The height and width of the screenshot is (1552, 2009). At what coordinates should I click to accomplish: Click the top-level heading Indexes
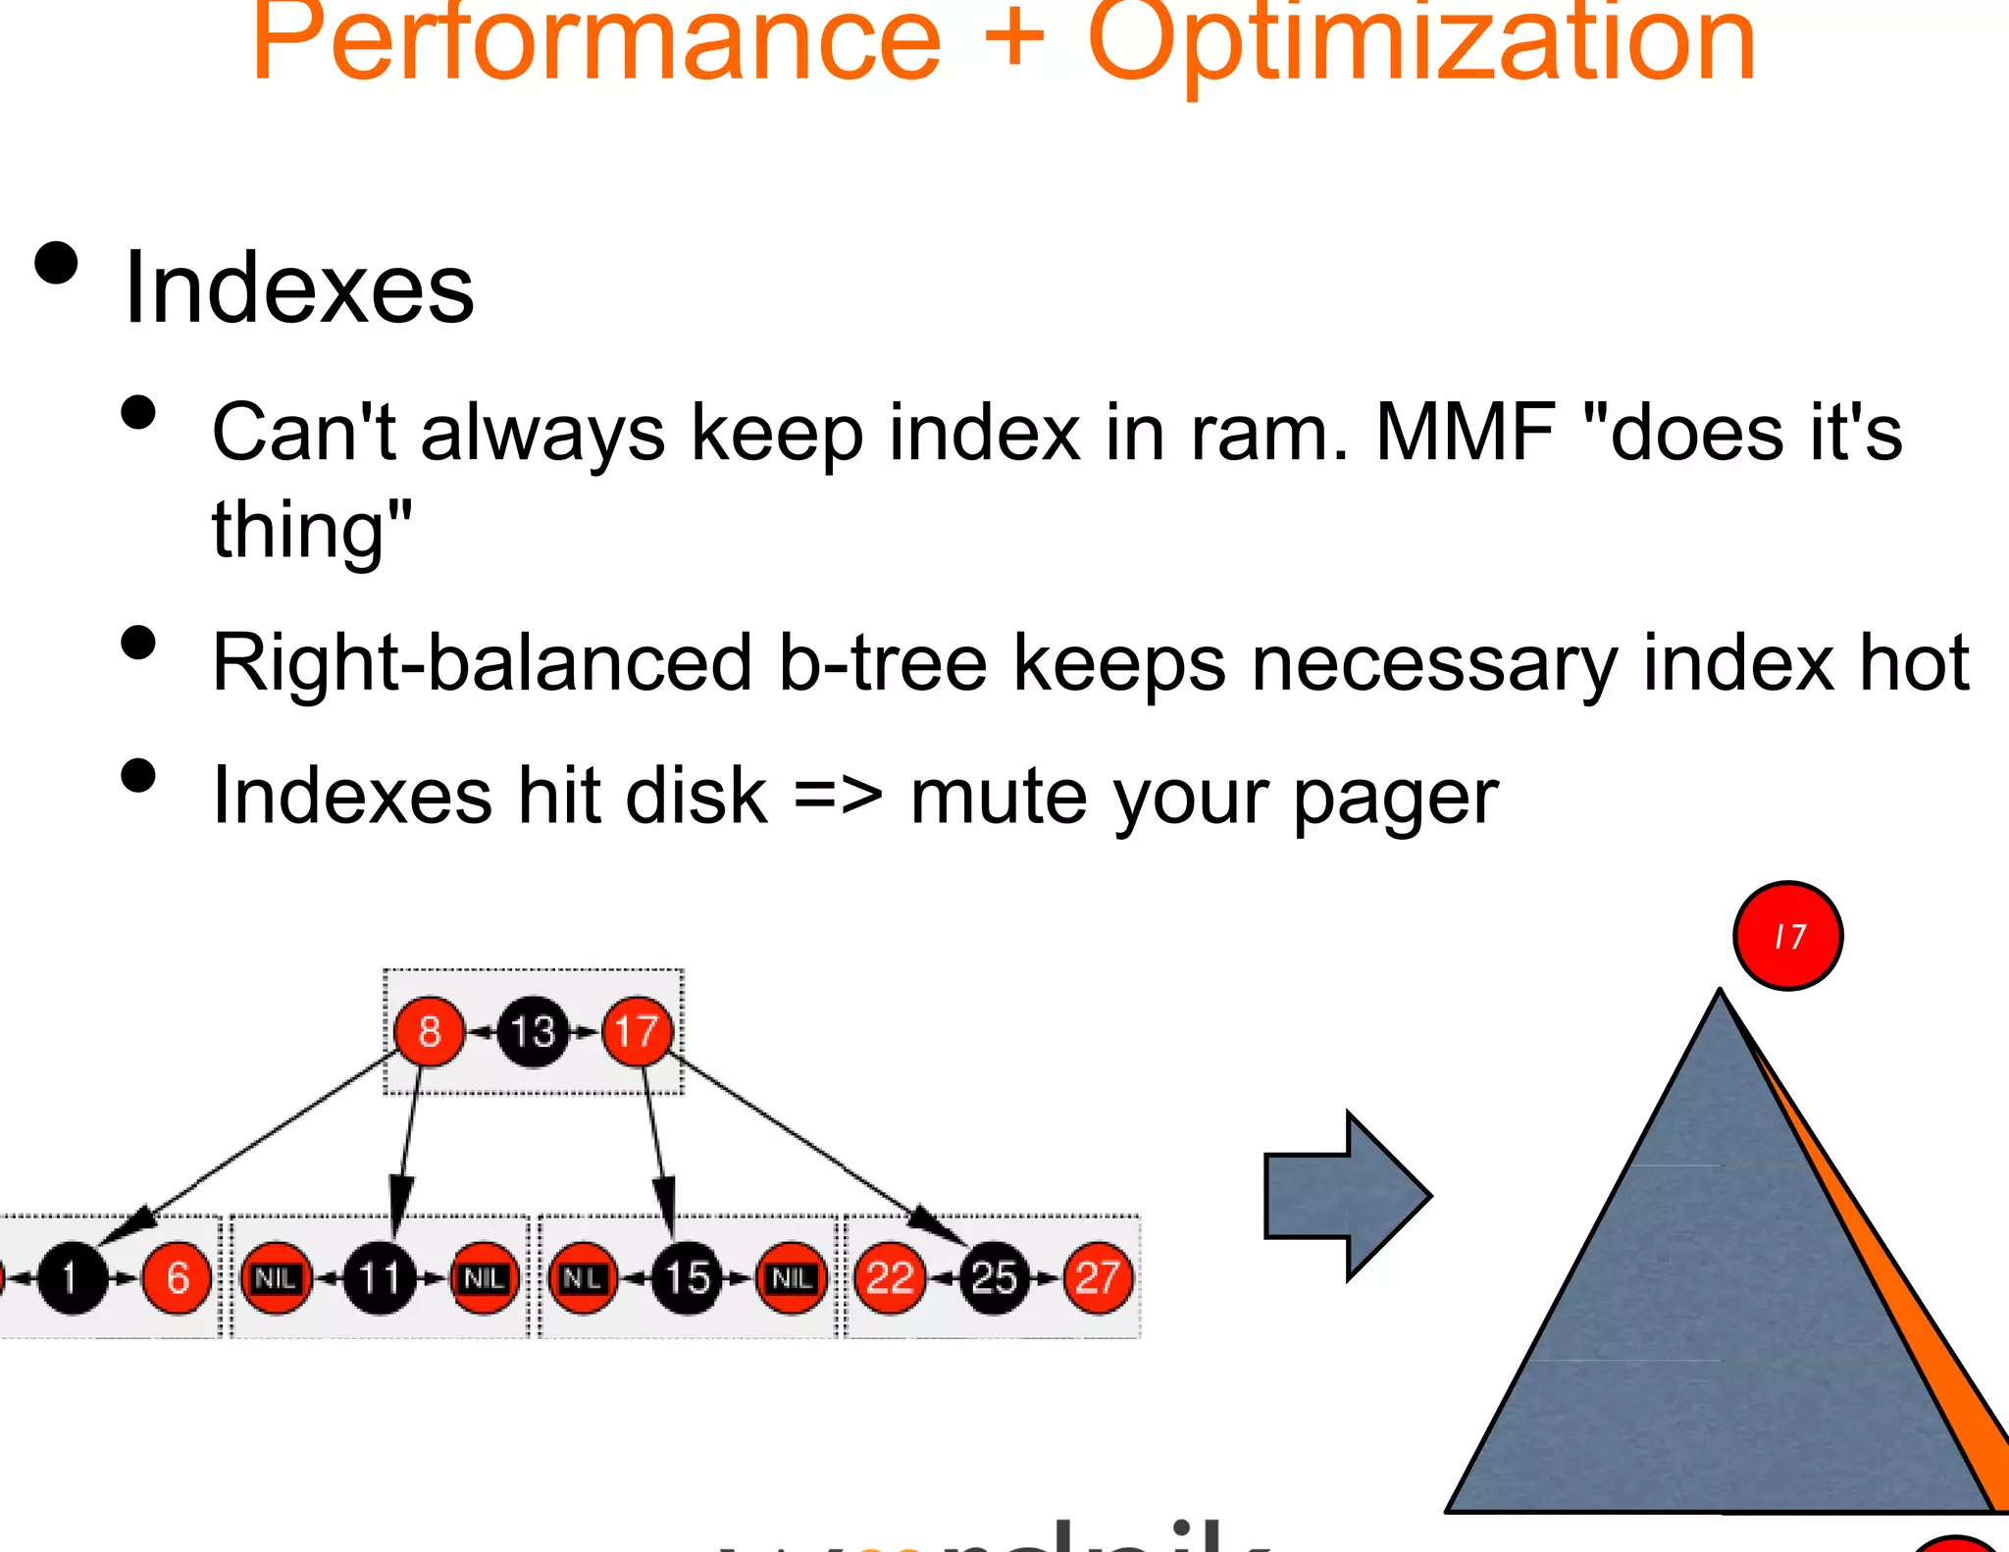point(299,288)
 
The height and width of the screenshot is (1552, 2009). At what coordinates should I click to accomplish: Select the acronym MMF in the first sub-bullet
point(1466,433)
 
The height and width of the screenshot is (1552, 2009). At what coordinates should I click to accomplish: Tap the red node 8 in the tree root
point(429,1032)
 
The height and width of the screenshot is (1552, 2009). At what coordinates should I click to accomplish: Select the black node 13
point(533,1032)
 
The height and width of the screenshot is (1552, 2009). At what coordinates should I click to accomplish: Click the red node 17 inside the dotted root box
point(637,1032)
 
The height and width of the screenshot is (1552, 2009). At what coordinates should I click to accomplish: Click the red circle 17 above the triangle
point(1787,936)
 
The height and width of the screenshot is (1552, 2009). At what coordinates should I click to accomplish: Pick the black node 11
point(380,1278)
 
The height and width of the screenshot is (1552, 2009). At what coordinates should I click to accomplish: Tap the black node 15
point(688,1278)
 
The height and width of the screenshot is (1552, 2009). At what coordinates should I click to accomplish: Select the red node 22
point(890,1278)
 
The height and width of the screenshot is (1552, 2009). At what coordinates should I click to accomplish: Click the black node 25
point(994,1278)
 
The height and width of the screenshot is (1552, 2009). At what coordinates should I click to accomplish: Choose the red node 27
point(1098,1278)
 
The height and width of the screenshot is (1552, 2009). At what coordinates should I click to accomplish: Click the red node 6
point(178,1278)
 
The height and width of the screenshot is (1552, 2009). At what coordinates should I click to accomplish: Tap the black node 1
point(72,1278)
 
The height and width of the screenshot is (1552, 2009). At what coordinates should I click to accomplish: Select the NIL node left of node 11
point(276,1278)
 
